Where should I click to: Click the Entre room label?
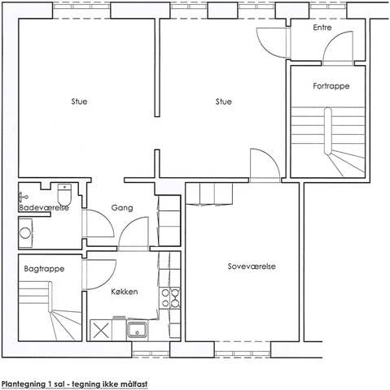point(322,28)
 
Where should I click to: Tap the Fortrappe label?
point(331,86)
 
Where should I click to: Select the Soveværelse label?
point(252,266)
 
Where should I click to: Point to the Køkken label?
point(125,292)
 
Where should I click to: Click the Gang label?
point(122,208)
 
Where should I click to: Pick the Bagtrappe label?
point(44,269)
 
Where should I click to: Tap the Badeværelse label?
point(44,208)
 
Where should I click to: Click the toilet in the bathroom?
point(64,194)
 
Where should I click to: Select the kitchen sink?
point(138,329)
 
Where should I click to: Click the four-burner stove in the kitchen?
point(169,298)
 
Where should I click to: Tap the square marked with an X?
point(101,330)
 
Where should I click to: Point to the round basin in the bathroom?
point(25,233)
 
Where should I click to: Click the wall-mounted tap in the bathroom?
point(23,197)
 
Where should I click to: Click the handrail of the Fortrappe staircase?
point(328,131)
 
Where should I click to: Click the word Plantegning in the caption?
point(23,384)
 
